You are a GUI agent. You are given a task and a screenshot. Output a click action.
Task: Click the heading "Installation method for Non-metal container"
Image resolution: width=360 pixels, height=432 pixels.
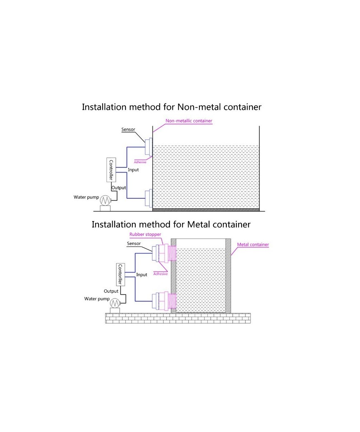tap(171, 107)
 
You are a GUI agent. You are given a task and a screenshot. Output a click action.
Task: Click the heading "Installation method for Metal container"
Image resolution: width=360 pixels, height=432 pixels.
tap(171, 224)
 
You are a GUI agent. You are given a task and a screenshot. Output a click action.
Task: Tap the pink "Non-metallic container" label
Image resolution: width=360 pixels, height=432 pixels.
tap(189, 121)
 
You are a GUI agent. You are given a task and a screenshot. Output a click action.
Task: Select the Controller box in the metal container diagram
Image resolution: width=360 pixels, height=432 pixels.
tap(121, 275)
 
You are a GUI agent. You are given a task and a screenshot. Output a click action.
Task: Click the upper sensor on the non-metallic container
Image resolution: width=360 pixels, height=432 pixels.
tap(148, 148)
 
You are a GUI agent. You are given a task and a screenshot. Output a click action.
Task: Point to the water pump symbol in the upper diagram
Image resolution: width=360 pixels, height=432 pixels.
tap(105, 200)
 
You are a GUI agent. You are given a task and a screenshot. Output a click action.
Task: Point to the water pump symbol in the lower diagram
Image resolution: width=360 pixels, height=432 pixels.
tap(114, 303)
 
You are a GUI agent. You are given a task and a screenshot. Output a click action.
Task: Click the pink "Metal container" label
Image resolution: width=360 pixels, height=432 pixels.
tap(253, 245)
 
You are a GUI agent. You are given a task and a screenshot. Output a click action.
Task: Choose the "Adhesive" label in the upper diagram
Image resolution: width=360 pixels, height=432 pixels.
tap(140, 162)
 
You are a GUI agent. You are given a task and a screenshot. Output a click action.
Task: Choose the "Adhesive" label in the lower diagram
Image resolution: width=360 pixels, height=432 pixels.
tap(161, 274)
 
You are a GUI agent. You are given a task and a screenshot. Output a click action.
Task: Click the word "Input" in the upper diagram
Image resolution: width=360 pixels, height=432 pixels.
tap(133, 170)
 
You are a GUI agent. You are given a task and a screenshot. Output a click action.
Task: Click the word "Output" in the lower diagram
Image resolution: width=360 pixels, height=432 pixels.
tap(111, 291)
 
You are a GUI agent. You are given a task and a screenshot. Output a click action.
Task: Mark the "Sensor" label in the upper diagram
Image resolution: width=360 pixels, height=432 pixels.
tap(128, 130)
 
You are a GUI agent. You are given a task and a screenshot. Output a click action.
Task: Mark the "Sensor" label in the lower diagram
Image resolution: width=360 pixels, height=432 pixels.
tap(134, 244)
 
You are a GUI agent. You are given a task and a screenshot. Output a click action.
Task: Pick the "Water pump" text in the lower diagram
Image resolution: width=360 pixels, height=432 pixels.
tap(96, 299)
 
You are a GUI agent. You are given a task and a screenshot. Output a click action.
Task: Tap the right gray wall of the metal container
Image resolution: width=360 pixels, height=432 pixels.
tap(228, 276)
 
